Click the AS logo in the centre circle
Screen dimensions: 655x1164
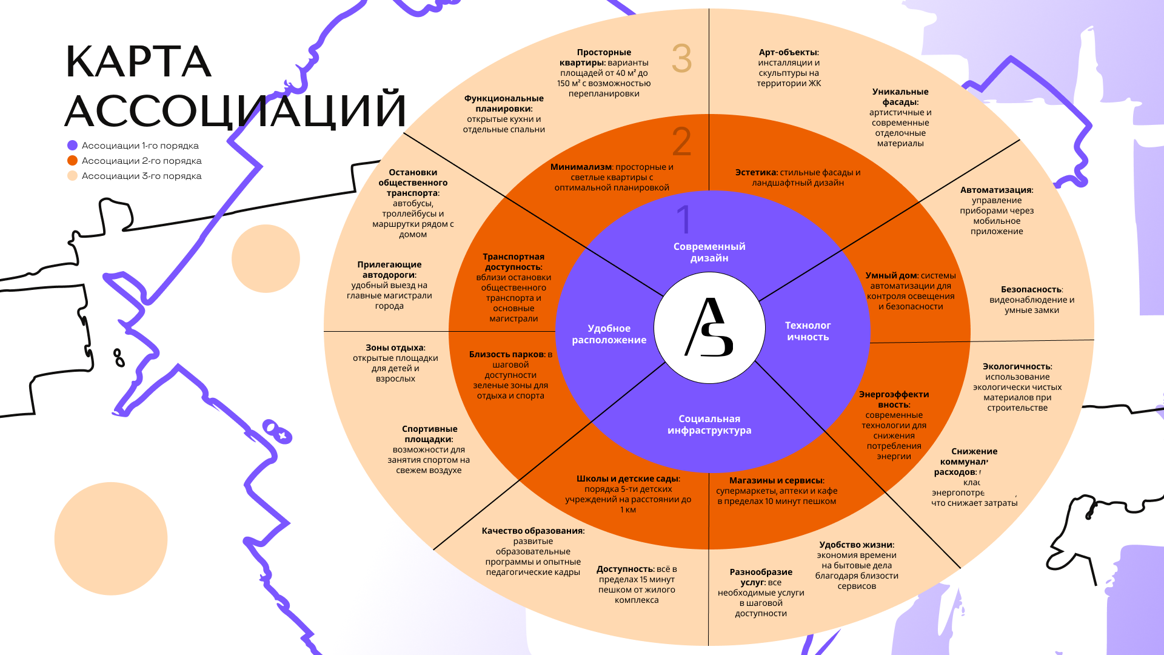(x=709, y=327)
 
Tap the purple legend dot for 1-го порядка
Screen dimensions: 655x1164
(x=73, y=146)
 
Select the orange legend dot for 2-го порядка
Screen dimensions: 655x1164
(x=73, y=161)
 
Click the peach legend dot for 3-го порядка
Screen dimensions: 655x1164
(x=73, y=176)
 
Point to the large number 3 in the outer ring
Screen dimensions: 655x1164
(x=681, y=59)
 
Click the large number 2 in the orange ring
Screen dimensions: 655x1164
(x=681, y=142)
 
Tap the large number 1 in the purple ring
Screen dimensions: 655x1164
(x=684, y=220)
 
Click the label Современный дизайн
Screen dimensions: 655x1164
(x=709, y=252)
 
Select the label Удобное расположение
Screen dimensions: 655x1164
(x=609, y=334)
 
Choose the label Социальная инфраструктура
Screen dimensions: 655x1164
(x=709, y=425)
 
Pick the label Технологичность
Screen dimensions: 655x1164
(x=808, y=331)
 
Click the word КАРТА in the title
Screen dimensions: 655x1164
(x=138, y=62)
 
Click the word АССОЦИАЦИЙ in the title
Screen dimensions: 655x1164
(x=235, y=110)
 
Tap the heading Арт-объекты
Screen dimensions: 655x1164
(x=788, y=53)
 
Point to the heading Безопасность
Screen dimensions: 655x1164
(x=1031, y=290)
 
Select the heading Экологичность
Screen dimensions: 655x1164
(x=1017, y=367)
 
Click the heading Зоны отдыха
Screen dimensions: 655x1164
(x=395, y=348)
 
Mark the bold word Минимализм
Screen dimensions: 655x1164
(x=581, y=167)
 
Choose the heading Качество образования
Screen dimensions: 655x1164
(x=533, y=531)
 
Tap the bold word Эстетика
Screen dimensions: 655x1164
(x=756, y=173)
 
